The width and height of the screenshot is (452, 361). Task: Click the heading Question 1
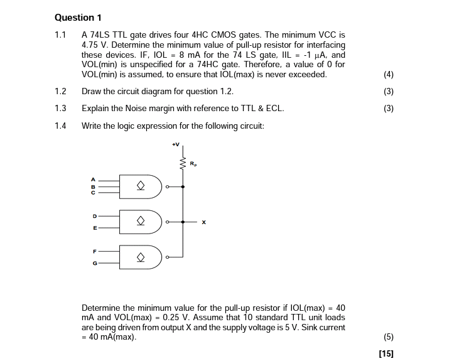pos(78,18)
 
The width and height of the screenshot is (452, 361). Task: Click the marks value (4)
pos(388,75)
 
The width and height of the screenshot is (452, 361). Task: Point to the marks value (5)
pos(388,337)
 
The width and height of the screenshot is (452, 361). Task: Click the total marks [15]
pos(386,353)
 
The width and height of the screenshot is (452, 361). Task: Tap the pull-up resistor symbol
pos(183,164)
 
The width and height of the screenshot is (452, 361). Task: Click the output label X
pos(204,222)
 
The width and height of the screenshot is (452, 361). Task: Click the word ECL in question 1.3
pos(274,108)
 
